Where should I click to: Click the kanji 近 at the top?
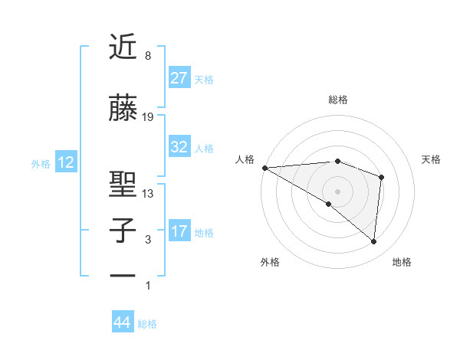coord(123,47)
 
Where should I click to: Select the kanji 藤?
coord(123,109)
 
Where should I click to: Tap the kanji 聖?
coord(123,185)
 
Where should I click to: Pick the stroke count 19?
coord(148,117)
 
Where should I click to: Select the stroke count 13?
coord(148,194)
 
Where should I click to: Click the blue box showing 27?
coord(179,78)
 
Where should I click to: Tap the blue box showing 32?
coord(179,147)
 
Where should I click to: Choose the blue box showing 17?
coord(179,231)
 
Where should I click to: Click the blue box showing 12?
coord(66,162)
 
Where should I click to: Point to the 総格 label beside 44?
coord(147,324)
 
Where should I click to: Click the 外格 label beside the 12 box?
coord(41,163)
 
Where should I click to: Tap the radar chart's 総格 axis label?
coord(337,100)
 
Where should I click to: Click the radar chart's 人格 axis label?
coord(246,159)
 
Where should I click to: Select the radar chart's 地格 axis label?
coord(402,262)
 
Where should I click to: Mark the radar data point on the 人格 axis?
coord(264,167)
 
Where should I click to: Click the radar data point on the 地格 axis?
coord(374,241)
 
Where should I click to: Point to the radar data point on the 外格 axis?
coord(328,204)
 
